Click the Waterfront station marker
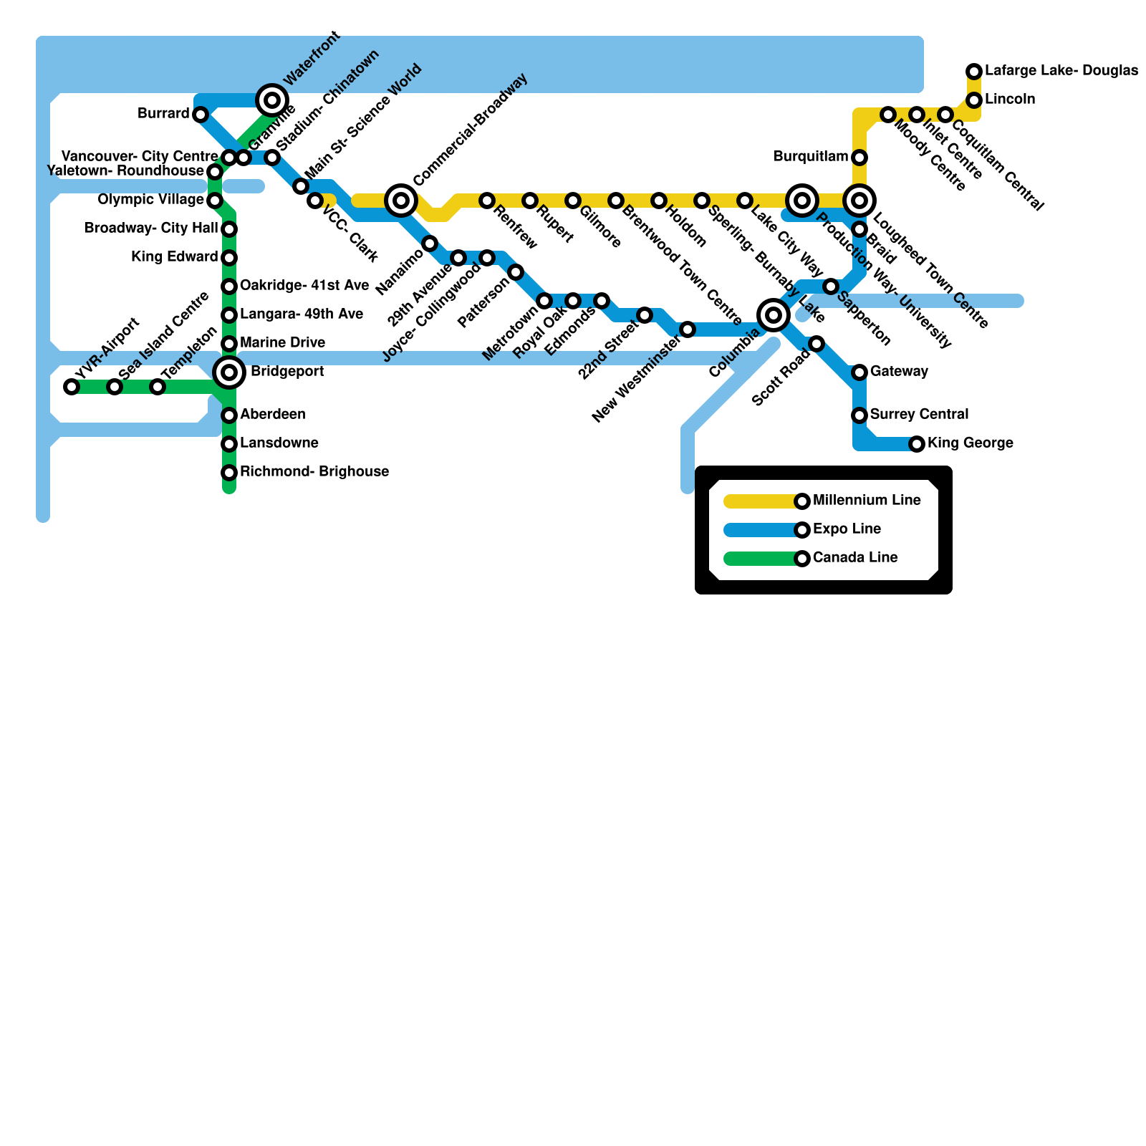[x=272, y=100]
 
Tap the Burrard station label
[x=164, y=114]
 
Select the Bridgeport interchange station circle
[x=229, y=372]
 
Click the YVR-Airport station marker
[x=72, y=387]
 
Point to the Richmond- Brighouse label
[x=314, y=472]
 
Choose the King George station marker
[x=917, y=444]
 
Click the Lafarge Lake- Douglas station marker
[x=974, y=72]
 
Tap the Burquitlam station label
[x=811, y=157]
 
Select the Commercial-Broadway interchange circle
[x=401, y=201]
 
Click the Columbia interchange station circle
[x=774, y=315]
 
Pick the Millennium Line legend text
[x=867, y=501]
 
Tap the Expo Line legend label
[x=847, y=529]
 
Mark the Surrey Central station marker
[x=860, y=415]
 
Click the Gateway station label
[x=899, y=372]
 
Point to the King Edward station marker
[x=229, y=258]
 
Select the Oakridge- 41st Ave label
[x=304, y=286]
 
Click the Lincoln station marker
[x=974, y=100]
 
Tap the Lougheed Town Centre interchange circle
[x=860, y=201]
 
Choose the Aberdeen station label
[x=273, y=415]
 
